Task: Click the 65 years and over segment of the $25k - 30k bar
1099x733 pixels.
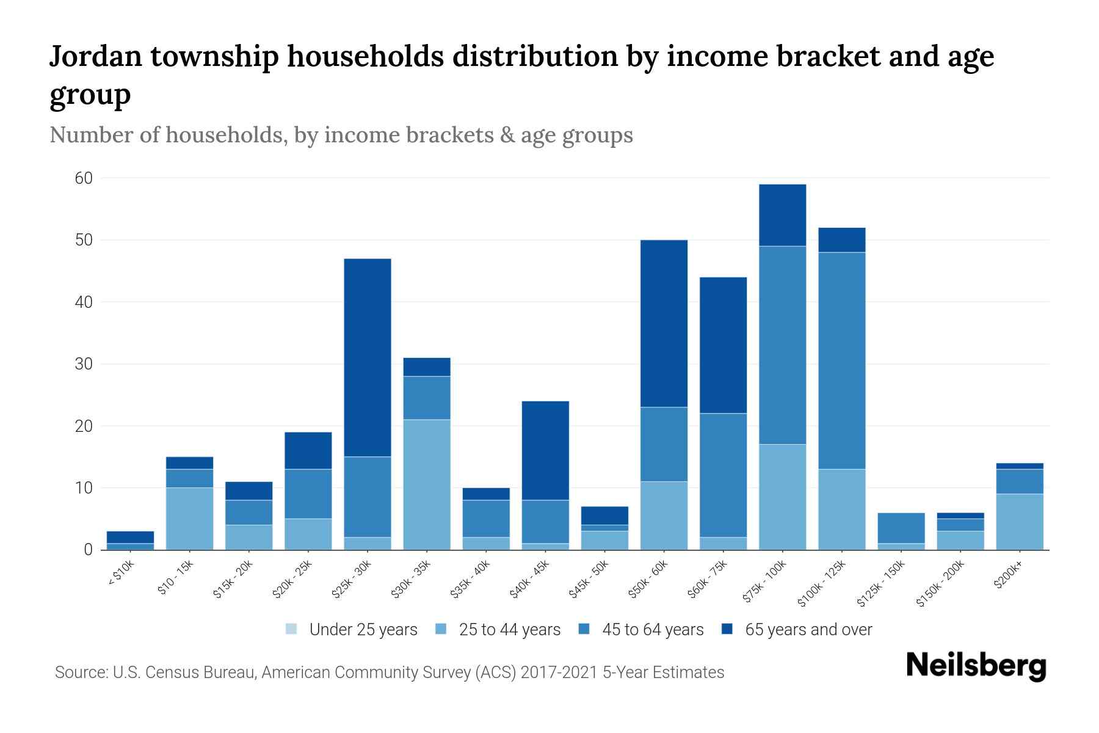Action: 368,357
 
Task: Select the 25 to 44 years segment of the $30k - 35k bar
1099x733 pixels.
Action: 427,484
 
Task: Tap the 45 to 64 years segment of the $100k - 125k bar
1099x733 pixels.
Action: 842,360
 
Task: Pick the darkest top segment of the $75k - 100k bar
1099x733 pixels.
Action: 782,215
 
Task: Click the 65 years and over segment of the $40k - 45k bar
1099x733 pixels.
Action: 545,450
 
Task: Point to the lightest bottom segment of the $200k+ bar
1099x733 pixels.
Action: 1020,522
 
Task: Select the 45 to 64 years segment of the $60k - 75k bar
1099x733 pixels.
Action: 723,475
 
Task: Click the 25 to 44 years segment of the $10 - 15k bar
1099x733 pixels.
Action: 189,519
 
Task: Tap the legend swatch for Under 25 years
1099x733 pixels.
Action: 292,629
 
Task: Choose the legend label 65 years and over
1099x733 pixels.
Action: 808,630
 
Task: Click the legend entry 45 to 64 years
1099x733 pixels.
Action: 653,630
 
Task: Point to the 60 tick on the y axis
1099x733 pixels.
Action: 84,178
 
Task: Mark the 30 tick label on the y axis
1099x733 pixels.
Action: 84,364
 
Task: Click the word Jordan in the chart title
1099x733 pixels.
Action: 95,57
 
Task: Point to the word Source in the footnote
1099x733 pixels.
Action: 80,673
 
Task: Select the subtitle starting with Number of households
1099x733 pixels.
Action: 341,135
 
